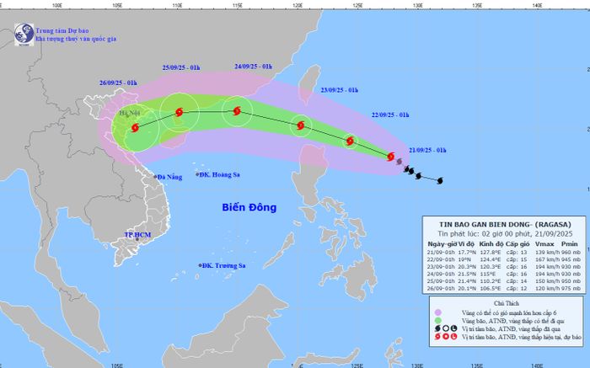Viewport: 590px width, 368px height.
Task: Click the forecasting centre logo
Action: (21, 33)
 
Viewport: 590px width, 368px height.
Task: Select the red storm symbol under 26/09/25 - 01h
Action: (134, 127)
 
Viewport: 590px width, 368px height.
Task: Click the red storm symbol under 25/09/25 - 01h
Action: (179, 112)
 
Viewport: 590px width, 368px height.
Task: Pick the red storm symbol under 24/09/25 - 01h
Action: (237, 111)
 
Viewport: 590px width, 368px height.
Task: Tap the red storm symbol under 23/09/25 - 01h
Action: (300, 127)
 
